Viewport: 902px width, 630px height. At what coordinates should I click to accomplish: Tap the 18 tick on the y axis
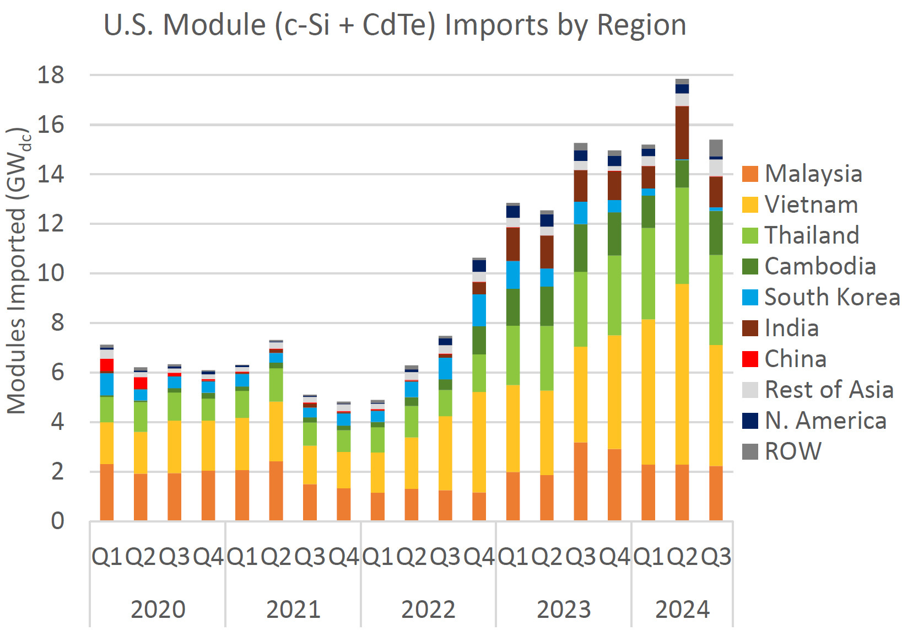(x=51, y=75)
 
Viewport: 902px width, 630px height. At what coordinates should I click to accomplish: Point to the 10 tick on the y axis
(x=51, y=273)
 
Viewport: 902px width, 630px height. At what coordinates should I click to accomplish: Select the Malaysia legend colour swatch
(x=750, y=174)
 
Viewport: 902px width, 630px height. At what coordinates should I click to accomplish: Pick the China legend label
(x=795, y=359)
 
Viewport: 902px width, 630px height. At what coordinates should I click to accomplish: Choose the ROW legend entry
(x=792, y=451)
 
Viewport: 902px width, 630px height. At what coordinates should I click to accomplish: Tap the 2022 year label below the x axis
(x=428, y=610)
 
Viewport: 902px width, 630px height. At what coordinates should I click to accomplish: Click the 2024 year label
(x=682, y=610)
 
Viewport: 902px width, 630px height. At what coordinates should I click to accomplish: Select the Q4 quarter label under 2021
(x=344, y=557)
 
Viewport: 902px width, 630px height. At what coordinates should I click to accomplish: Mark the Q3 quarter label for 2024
(x=716, y=557)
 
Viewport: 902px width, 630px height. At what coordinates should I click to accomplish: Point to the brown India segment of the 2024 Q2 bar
(x=682, y=133)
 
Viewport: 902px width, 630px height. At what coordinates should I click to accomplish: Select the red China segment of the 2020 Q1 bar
(x=107, y=365)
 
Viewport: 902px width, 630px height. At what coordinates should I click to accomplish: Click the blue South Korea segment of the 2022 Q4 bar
(x=479, y=310)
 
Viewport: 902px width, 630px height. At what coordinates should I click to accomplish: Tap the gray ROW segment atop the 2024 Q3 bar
(x=716, y=148)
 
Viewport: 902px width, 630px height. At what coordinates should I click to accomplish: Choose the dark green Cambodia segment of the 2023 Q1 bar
(x=513, y=307)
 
